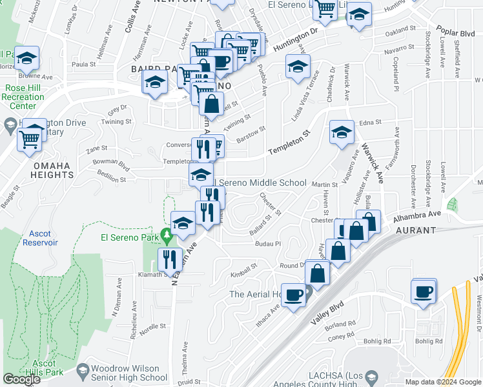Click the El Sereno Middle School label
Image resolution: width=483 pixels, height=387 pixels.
click(x=261, y=183)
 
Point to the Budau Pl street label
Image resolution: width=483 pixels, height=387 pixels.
click(x=269, y=244)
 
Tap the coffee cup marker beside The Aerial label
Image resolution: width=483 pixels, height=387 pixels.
click(x=293, y=296)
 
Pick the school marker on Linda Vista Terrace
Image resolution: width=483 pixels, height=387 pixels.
click(x=298, y=67)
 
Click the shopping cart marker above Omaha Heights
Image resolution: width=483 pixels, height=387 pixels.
click(x=30, y=137)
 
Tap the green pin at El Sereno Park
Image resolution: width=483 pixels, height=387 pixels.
click(x=167, y=238)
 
